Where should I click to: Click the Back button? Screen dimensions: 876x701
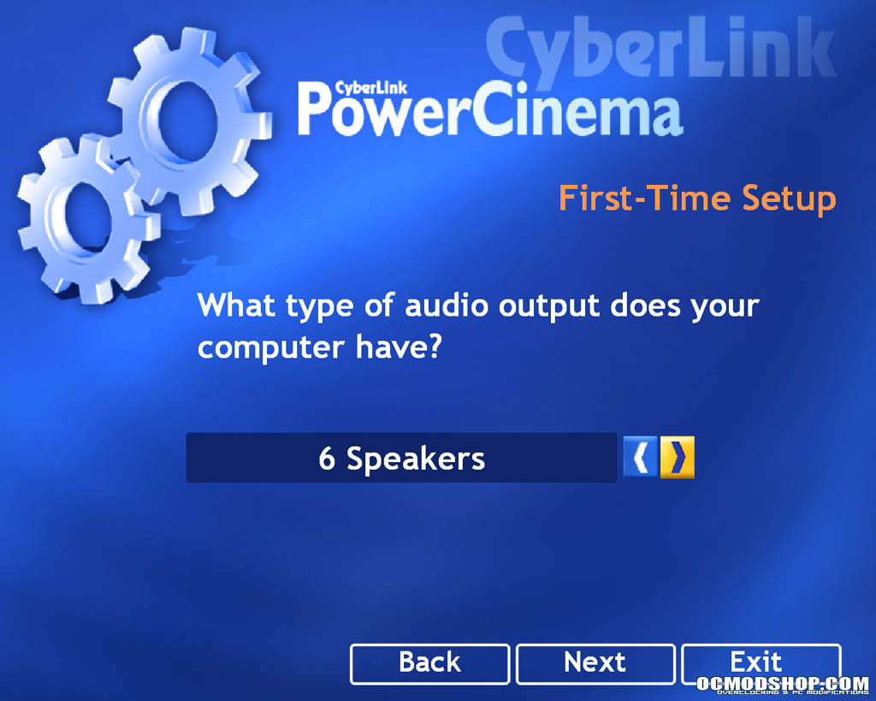[429, 664]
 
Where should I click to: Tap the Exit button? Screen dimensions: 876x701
[761, 663]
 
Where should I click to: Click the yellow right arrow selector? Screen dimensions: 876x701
[678, 457]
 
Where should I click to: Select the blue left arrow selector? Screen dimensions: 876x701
[641, 457]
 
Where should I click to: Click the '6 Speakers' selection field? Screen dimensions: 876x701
[401, 458]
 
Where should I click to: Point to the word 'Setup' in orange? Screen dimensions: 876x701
[789, 199]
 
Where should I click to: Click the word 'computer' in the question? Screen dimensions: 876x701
[270, 348]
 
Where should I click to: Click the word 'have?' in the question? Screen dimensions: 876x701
[399, 347]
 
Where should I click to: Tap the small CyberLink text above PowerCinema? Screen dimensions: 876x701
[371, 88]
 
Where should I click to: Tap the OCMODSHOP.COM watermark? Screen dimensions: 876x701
[782, 684]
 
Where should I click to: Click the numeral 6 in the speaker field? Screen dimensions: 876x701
[327, 458]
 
